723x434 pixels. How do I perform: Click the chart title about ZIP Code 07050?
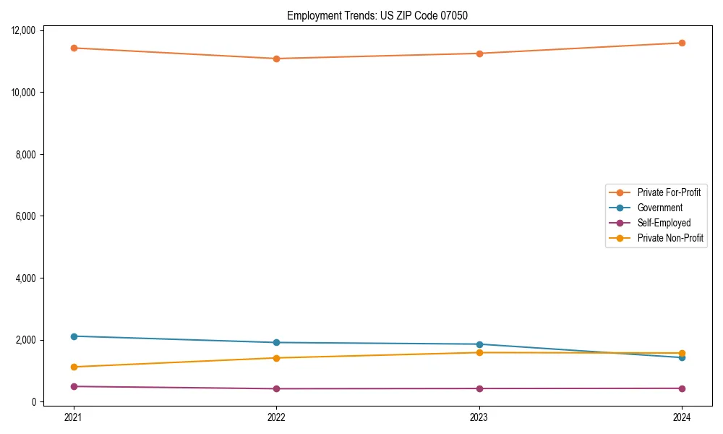[x=377, y=15]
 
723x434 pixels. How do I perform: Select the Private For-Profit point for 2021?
[x=74, y=48]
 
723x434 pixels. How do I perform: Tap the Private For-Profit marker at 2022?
[x=276, y=59]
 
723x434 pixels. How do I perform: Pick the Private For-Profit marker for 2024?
[x=682, y=43]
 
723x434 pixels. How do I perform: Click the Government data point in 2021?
[x=74, y=336]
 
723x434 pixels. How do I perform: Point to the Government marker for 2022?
[x=276, y=342]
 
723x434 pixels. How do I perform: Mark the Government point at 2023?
[x=479, y=344]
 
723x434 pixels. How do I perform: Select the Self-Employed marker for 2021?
[x=74, y=386]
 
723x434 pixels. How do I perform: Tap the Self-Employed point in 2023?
[x=479, y=388]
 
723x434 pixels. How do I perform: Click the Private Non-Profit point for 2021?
[x=74, y=367]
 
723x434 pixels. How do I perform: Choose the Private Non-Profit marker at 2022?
[x=276, y=358]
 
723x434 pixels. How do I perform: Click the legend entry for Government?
[x=659, y=208]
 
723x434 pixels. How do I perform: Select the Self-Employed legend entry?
[x=664, y=223]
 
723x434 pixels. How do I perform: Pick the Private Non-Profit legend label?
[x=670, y=238]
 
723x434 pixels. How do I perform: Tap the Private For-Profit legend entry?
[x=669, y=192]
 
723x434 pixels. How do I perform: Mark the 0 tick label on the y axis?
[x=35, y=402]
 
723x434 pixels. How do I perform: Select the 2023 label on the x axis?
[x=479, y=417]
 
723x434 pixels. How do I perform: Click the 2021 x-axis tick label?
[x=74, y=417]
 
